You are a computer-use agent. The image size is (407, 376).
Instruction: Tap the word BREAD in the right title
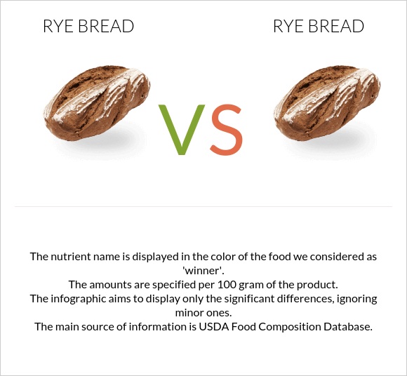point(338,27)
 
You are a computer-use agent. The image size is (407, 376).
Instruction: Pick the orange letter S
point(226,130)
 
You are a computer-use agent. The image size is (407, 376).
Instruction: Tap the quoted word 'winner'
point(203,271)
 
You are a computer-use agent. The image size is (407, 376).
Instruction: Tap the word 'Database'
point(346,327)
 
